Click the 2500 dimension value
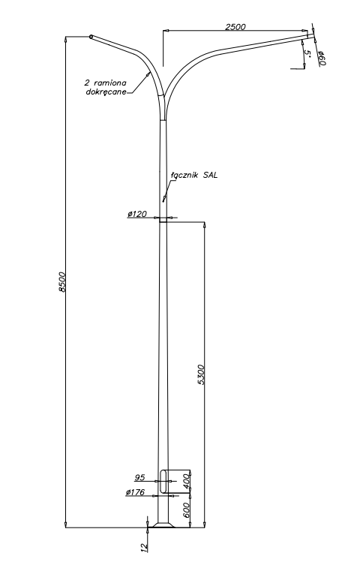235,26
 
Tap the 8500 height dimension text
62,281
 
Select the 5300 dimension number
201,374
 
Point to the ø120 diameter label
136,214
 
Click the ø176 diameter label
135,492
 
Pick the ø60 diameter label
322,59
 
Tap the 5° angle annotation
307,53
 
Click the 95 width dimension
139,477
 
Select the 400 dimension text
186,482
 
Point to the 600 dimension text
186,510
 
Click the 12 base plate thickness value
145,547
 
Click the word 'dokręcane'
106,92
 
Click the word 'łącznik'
184,175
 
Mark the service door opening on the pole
163,482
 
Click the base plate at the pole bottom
163,525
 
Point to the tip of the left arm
91,37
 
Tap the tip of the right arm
311,35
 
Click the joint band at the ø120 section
163,220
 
